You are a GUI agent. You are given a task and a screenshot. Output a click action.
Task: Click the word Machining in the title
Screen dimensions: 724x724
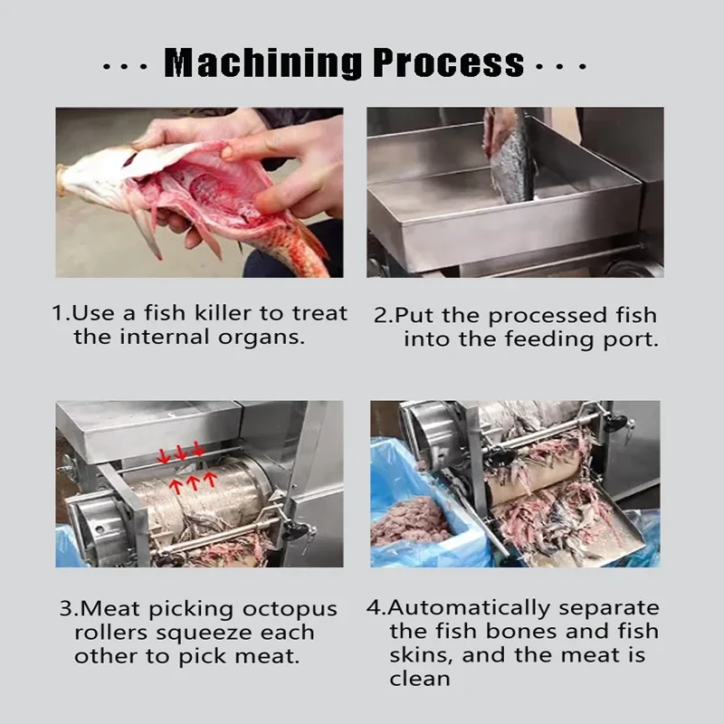pyautogui.click(x=262, y=62)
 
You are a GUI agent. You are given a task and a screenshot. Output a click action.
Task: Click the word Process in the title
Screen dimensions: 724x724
pyautogui.click(x=448, y=62)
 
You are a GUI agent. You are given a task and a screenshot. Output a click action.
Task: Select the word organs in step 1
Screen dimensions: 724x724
pyautogui.click(x=262, y=338)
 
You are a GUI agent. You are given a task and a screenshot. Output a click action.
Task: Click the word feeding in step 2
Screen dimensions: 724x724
pyautogui.click(x=548, y=339)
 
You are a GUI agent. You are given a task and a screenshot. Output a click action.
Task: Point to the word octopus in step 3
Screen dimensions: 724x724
pyautogui.click(x=290, y=609)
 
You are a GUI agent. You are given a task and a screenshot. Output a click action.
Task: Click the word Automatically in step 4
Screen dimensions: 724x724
pyautogui.click(x=469, y=608)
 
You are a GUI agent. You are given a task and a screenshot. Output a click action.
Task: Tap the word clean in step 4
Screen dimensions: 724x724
pyautogui.click(x=419, y=679)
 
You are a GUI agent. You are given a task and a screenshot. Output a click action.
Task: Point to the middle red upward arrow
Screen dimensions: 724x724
pyautogui.click(x=193, y=481)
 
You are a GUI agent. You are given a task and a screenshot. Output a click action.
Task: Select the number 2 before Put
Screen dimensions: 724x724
pyautogui.click(x=381, y=315)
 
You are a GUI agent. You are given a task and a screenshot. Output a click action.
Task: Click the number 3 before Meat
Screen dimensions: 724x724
pyautogui.click(x=66, y=608)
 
